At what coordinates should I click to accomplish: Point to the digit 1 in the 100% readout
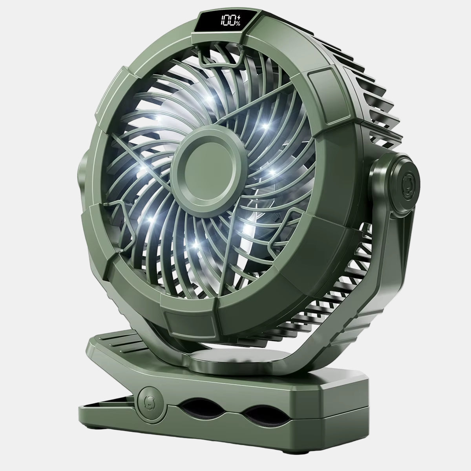[222, 20]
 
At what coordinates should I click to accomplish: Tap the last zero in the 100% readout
[231, 20]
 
